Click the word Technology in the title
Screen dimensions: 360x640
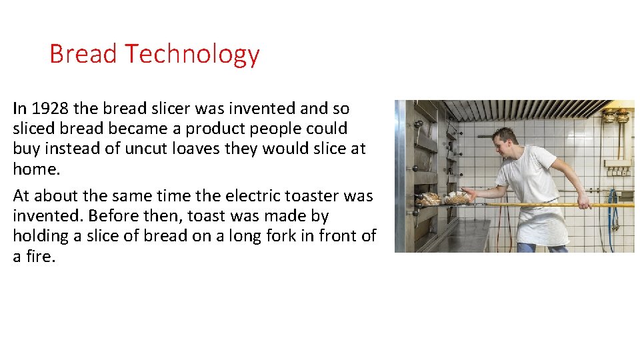tap(192, 55)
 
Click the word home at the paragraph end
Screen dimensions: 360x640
tap(35, 169)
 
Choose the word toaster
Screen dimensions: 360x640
tap(312, 196)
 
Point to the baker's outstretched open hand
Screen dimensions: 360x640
tap(471, 194)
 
